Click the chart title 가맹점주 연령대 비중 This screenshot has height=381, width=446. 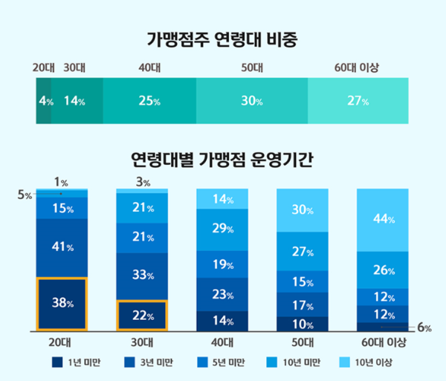222,37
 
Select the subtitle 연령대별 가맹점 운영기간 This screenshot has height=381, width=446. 222,159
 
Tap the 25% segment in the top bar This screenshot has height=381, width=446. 149,101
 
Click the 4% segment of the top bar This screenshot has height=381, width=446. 45,101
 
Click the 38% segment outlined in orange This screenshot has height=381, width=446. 62,303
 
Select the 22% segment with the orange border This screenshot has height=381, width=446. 142,316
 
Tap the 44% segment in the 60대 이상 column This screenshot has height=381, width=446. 383,220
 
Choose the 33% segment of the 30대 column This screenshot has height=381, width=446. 142,276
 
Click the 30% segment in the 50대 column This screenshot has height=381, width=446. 303,210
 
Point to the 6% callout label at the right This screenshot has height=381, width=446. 424,328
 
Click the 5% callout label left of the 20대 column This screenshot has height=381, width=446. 25,195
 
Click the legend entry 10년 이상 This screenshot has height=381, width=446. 370,362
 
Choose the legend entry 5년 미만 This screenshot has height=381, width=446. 224,362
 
